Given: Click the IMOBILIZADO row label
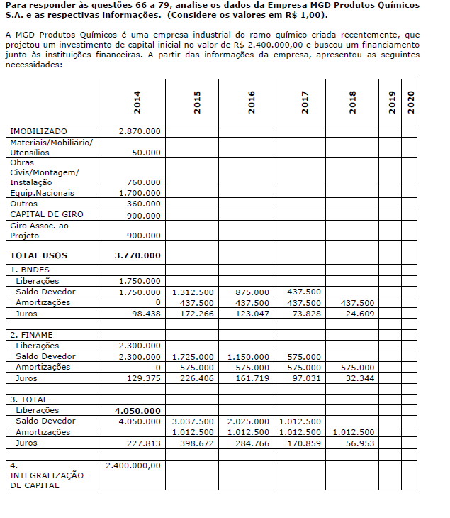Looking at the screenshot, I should (x=38, y=132).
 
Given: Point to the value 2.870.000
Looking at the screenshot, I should (x=140, y=132).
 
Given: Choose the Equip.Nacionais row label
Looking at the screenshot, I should (x=42, y=193).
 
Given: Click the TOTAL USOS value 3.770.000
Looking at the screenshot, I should (x=137, y=255).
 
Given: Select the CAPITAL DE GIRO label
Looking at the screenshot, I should (x=46, y=214).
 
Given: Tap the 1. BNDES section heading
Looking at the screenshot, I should (x=30, y=270).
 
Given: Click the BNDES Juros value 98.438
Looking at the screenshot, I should (x=146, y=313).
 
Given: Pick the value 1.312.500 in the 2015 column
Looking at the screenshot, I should (x=193, y=292).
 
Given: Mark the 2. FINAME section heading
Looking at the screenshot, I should (x=31, y=334).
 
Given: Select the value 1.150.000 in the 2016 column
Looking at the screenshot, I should (x=248, y=356).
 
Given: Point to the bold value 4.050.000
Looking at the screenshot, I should (x=137, y=410).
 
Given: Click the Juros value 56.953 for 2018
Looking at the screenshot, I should (x=361, y=443).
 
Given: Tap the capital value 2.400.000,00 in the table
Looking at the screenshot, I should (x=133, y=465).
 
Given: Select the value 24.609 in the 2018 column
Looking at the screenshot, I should (x=361, y=313).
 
